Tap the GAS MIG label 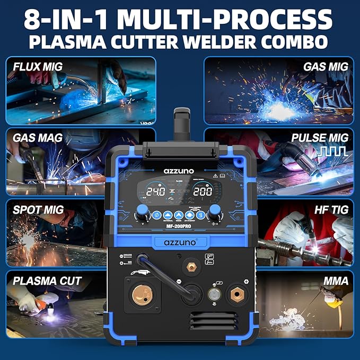point(326,67)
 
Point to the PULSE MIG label point(320,138)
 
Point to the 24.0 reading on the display point(156,191)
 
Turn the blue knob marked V point(143,215)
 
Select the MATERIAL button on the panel point(169,216)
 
